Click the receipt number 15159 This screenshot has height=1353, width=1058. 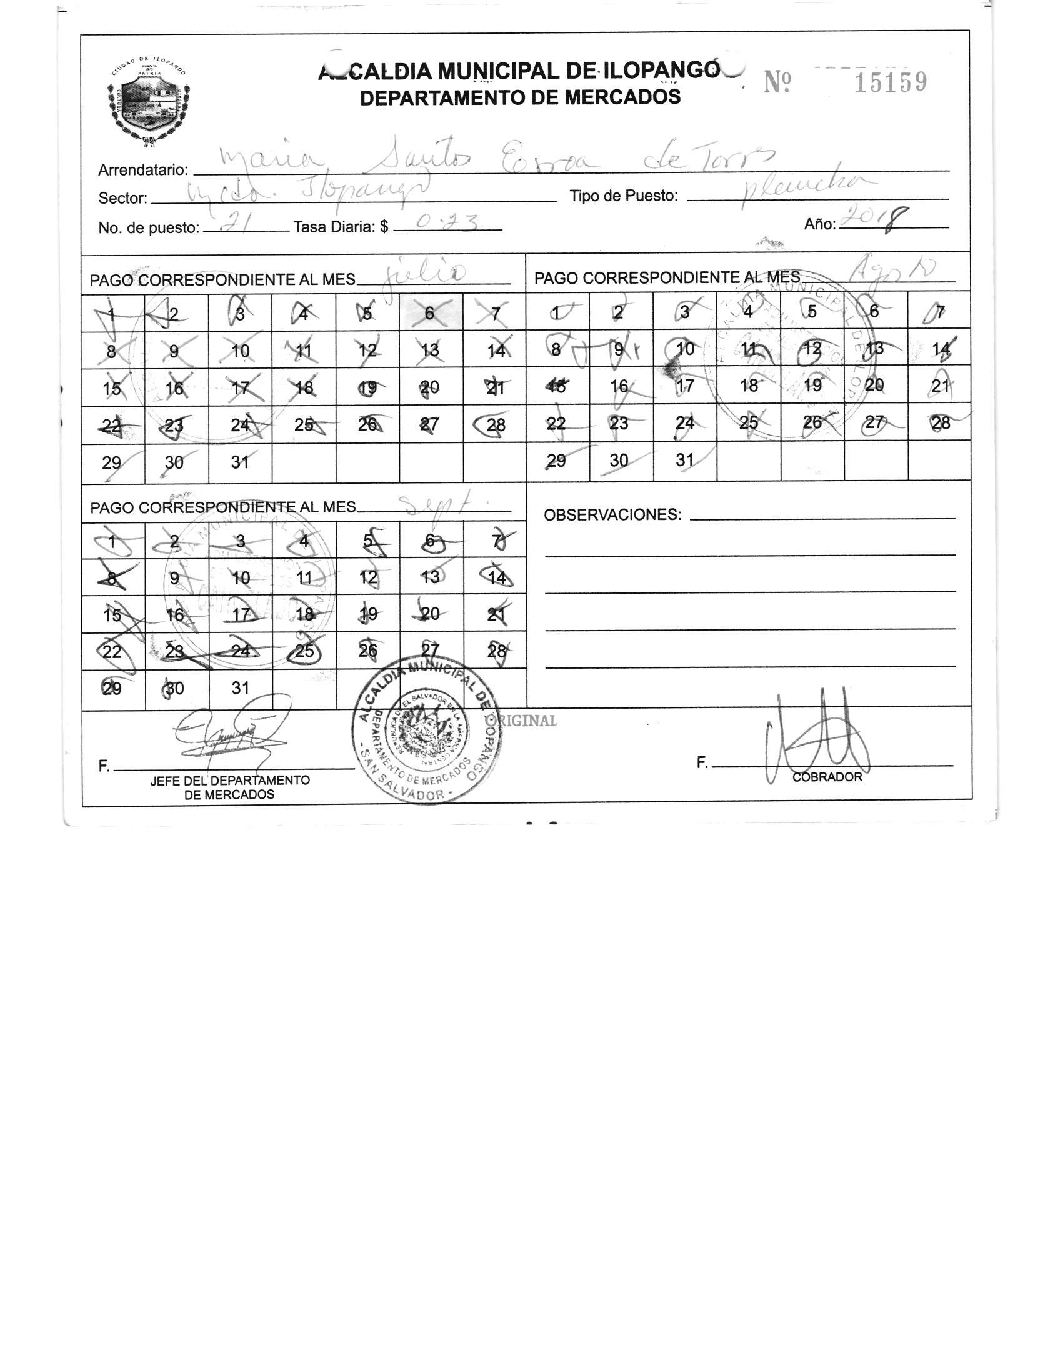coord(890,82)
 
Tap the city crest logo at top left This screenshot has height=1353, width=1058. coord(149,104)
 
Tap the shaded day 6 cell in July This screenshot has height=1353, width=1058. coord(431,312)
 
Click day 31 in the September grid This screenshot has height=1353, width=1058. coord(241,688)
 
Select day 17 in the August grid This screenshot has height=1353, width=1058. coord(685,385)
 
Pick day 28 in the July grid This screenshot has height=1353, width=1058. coord(495,425)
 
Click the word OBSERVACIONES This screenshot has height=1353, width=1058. coord(612,515)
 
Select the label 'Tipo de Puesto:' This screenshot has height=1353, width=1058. coord(624,196)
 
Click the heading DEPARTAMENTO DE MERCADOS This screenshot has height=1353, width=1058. coord(520,97)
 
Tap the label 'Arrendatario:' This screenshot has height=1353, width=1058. coord(143,170)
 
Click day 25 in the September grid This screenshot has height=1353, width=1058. coord(304,651)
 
